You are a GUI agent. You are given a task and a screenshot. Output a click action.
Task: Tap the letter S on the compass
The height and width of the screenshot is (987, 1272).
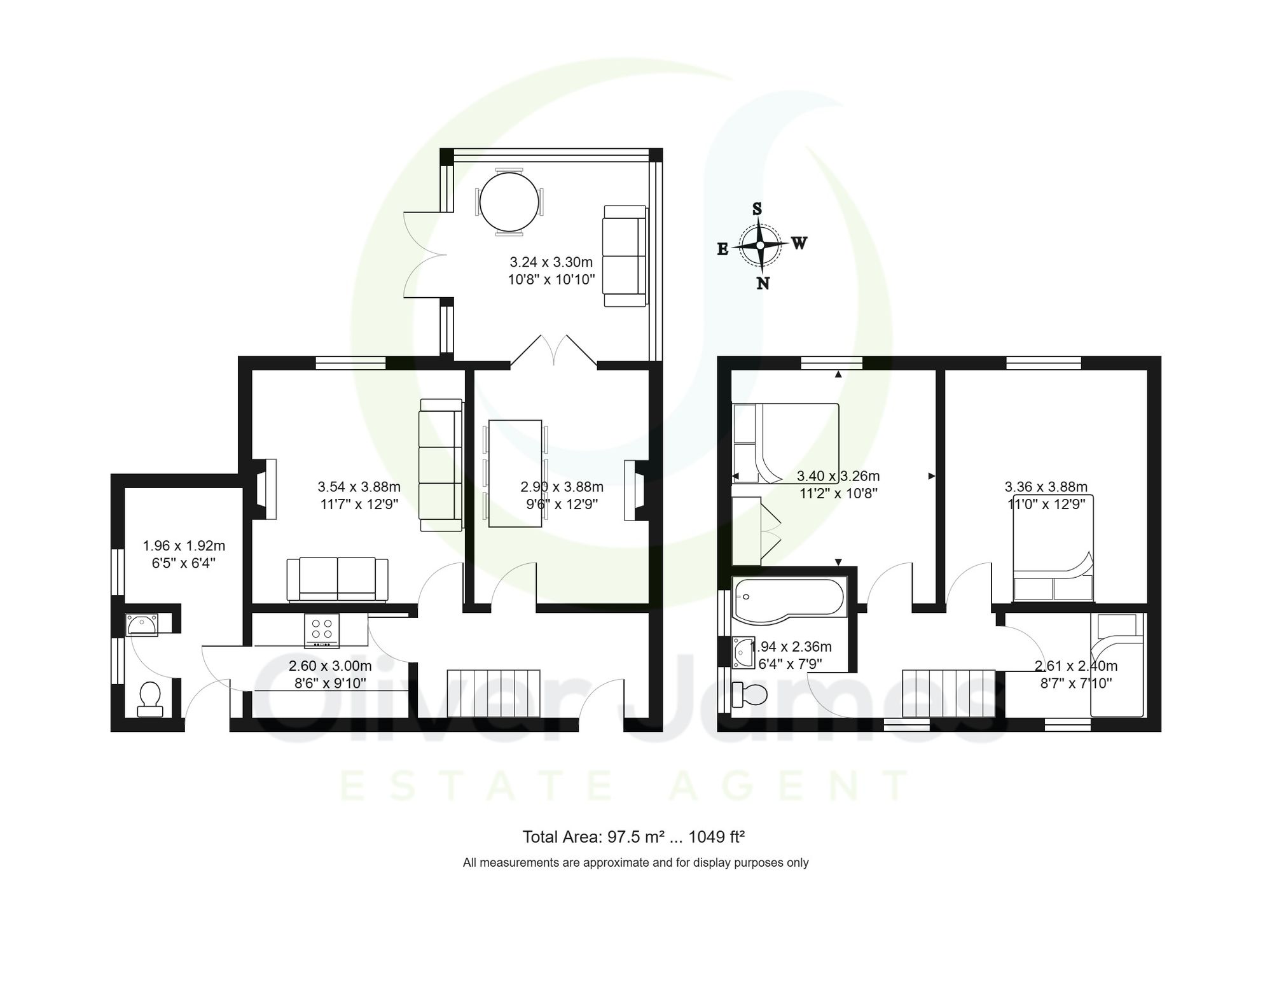click(x=757, y=209)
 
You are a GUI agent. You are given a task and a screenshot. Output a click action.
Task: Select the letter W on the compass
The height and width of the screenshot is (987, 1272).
click(x=799, y=243)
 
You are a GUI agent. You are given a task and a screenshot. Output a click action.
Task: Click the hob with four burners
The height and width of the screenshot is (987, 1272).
click(x=322, y=630)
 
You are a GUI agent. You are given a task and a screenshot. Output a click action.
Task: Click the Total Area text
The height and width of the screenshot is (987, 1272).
click(x=633, y=837)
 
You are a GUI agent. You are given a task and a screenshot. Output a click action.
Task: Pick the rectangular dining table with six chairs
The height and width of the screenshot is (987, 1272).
click(x=515, y=473)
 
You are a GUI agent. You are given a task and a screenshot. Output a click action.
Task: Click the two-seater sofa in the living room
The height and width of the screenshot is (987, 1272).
click(x=337, y=578)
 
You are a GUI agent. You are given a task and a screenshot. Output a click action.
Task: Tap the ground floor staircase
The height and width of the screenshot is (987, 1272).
click(x=494, y=693)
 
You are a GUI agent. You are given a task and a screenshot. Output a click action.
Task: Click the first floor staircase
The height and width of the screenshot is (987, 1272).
click(x=948, y=693)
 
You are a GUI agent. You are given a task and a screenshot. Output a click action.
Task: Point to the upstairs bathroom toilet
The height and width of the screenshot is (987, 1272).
click(x=749, y=694)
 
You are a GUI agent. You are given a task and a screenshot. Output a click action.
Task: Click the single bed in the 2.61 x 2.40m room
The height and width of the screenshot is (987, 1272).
click(x=1117, y=665)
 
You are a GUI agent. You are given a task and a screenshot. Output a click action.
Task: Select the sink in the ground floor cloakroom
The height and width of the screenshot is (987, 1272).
click(x=142, y=625)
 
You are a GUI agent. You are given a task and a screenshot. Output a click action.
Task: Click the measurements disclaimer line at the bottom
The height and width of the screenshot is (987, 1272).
click(x=635, y=863)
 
